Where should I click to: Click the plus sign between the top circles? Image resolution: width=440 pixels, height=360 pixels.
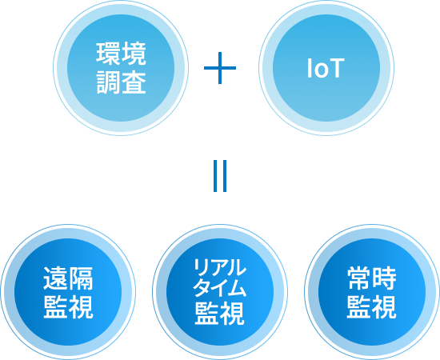click(x=220, y=68)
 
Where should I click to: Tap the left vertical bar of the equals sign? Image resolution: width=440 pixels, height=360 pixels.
click(x=215, y=176)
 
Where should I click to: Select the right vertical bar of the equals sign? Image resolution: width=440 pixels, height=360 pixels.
click(x=224, y=176)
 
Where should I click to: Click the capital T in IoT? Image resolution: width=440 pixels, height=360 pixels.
click(x=338, y=68)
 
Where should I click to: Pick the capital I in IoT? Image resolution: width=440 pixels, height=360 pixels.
click(x=310, y=68)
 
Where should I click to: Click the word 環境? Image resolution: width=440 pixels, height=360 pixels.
click(x=121, y=54)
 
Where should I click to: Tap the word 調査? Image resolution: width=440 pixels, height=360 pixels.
click(x=121, y=82)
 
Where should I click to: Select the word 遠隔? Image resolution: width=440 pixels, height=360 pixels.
click(x=68, y=278)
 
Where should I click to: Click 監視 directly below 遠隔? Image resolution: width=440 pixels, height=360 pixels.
click(x=68, y=307)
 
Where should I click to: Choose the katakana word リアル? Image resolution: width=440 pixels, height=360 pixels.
click(x=220, y=267)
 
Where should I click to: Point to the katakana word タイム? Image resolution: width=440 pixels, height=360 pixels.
click(x=220, y=288)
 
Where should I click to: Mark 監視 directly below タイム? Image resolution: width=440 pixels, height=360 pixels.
click(x=220, y=313)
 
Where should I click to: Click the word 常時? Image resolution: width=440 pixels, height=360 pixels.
click(x=372, y=278)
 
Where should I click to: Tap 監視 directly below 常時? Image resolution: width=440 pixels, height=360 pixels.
click(x=372, y=307)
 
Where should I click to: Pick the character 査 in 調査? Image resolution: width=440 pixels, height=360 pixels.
click(x=134, y=82)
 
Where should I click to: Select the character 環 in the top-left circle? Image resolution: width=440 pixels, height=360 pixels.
click(x=108, y=54)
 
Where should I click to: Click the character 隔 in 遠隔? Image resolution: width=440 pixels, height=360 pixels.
click(x=81, y=278)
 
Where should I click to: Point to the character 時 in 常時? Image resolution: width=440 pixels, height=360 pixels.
click(x=385, y=278)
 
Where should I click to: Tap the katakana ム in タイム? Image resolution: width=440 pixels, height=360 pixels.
click(x=238, y=288)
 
